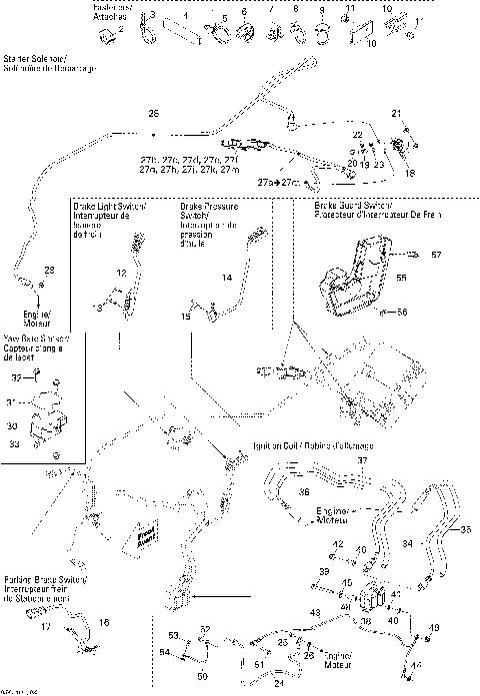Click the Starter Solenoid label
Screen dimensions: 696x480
49,62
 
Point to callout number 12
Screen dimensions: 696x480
120,273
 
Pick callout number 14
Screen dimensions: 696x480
227,277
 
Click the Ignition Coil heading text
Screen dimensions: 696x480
313,444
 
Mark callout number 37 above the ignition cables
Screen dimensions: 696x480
363,460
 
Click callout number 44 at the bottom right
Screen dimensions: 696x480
416,663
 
